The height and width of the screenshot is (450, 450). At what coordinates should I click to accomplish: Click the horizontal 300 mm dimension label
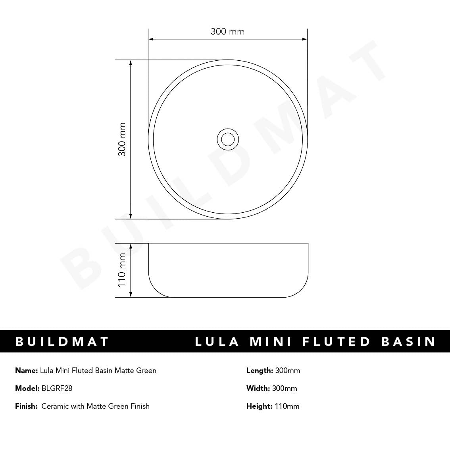pyautogui.click(x=228, y=31)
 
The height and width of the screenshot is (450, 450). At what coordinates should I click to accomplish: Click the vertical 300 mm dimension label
pyautogui.click(x=122, y=139)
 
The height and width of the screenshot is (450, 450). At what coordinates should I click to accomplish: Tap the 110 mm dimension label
pyautogui.click(x=122, y=270)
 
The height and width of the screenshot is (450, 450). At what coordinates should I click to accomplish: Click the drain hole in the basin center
pyautogui.click(x=228, y=139)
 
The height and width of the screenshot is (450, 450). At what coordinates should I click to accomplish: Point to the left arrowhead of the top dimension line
pyautogui.click(x=151, y=39)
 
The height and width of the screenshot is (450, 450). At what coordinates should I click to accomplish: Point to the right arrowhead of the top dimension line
pyautogui.click(x=304, y=39)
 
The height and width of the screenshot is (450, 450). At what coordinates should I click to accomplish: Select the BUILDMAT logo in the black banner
pyautogui.click(x=62, y=342)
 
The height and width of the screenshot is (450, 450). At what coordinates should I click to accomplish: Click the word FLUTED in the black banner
pyautogui.click(x=337, y=342)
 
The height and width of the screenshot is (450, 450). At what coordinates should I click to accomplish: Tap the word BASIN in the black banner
pyautogui.click(x=409, y=342)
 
